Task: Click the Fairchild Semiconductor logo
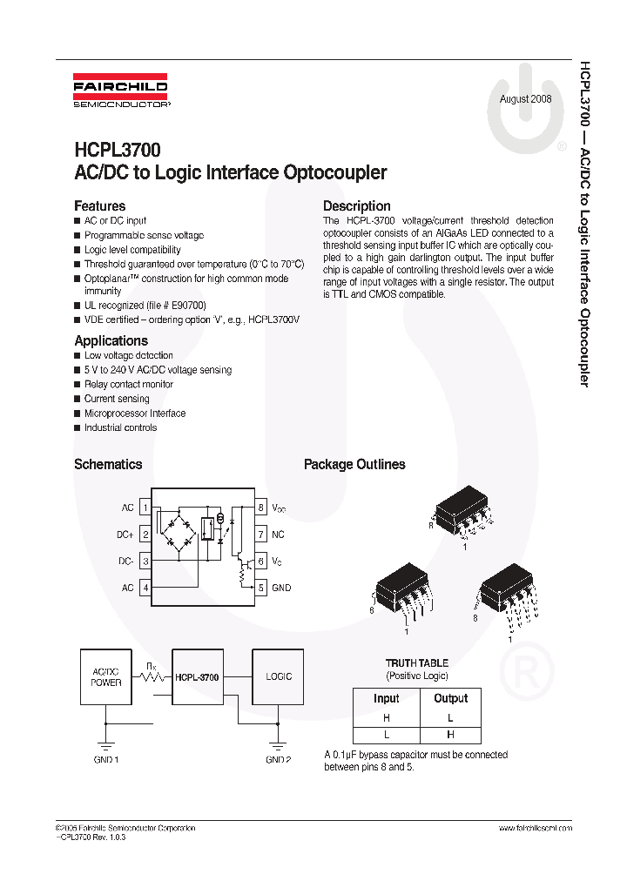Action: click(121, 93)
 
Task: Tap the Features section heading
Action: click(99, 206)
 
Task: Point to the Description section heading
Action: click(356, 206)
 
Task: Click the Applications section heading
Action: click(111, 340)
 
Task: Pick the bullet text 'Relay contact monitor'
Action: click(128, 384)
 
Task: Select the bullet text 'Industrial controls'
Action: click(120, 427)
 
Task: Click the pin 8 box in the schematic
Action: click(260, 507)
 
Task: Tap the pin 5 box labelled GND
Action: click(260, 588)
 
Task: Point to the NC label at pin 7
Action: click(278, 534)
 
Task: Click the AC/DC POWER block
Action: click(106, 676)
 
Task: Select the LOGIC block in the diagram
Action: click(279, 676)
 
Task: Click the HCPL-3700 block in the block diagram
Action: click(197, 676)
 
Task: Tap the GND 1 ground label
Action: click(105, 759)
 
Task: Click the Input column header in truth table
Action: click(386, 698)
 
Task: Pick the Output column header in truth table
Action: click(449, 698)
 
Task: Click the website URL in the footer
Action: click(535, 827)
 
